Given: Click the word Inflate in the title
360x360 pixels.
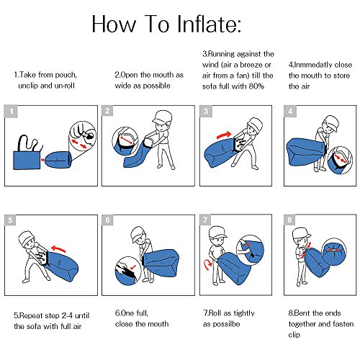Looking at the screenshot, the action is coord(209,24).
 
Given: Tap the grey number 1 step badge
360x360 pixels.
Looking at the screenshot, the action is coord(11,112).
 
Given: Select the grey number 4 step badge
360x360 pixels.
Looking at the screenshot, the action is coord(290,111).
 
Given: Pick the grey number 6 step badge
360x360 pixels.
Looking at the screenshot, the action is coord(108,220).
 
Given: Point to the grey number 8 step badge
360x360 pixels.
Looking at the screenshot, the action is coord(289,220).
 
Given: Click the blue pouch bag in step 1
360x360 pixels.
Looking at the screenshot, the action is coord(27,160).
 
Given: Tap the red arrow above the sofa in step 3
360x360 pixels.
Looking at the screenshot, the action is coord(224,135).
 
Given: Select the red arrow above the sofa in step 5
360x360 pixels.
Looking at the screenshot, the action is coord(58,248).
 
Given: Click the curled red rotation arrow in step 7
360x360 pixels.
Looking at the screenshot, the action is coord(207,264).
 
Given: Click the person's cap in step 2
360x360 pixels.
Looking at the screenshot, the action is coord(163,116).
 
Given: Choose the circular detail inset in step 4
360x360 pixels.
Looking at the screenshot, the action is coord(340,160).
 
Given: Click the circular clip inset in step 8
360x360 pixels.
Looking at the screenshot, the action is coord(334,251).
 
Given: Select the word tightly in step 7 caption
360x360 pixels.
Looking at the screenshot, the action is coord(244,313).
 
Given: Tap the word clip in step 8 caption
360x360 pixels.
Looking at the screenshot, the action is coord(294,335).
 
